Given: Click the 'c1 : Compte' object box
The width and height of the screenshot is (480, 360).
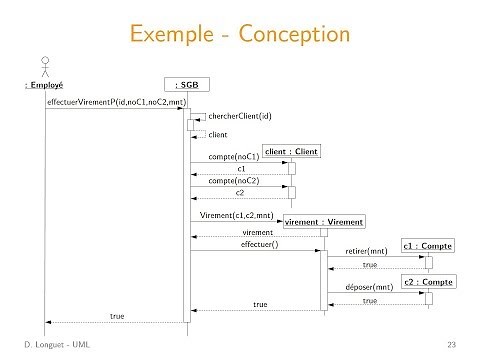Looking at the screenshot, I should coord(427,245).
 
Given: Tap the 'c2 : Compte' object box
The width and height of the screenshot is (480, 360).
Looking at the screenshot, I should coord(427,283).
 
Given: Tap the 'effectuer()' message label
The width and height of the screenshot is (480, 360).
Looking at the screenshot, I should coord(259,243).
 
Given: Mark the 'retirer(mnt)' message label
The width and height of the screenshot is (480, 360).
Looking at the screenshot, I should coord(366,252).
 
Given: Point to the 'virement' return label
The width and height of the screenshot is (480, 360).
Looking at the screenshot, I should coord(258,231).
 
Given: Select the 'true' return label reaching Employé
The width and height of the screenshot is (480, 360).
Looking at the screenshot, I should coord(117,316).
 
